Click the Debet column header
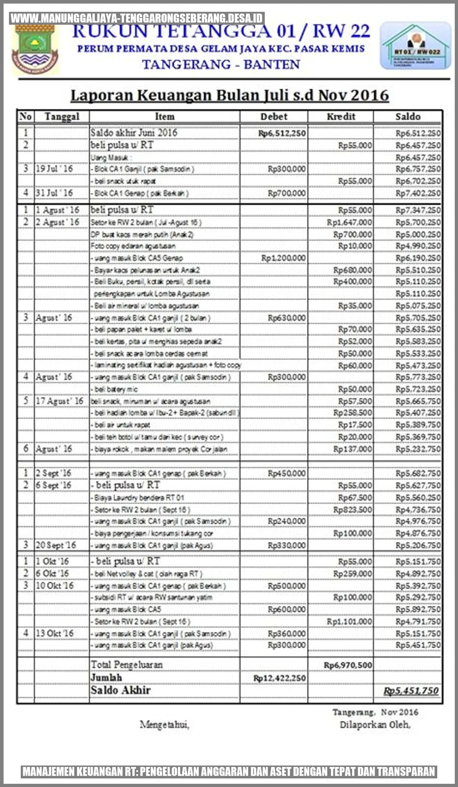click(x=274, y=117)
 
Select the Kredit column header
click(x=341, y=117)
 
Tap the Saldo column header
click(x=408, y=117)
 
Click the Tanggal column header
click(x=62, y=117)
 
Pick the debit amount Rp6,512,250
click(x=282, y=134)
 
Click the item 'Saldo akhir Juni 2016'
click(x=134, y=133)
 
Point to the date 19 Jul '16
click(x=54, y=169)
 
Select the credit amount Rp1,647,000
click(x=349, y=222)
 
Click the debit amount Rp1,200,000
click(x=283, y=258)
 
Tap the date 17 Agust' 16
click(x=59, y=401)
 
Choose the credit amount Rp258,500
click(x=352, y=413)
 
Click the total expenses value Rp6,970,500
click(x=348, y=665)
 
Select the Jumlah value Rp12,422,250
click(x=279, y=678)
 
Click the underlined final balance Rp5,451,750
click(x=411, y=691)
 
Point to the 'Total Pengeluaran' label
click(x=127, y=665)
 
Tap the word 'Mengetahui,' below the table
click(x=165, y=725)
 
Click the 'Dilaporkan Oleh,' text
click(x=375, y=725)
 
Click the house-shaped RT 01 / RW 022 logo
click(x=415, y=46)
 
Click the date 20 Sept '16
click(x=56, y=545)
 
